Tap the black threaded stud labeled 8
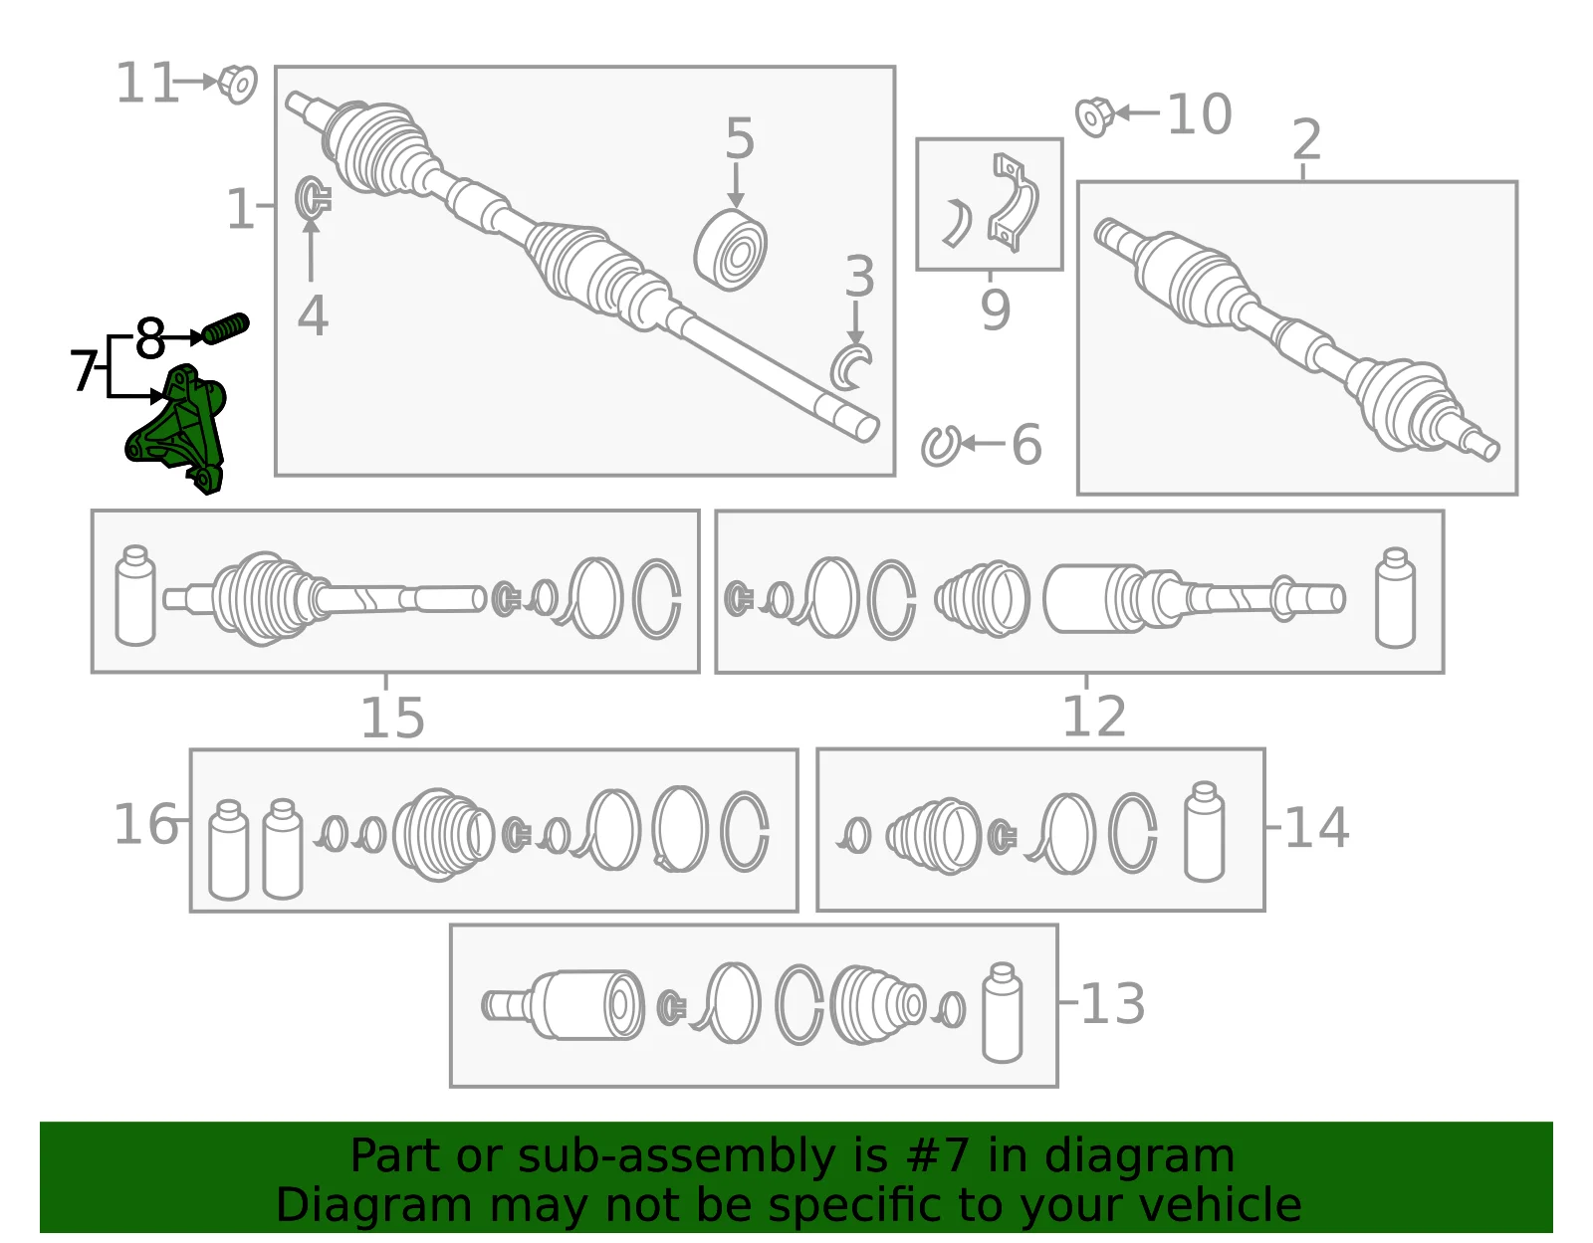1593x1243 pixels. (226, 328)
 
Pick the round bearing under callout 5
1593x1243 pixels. (730, 250)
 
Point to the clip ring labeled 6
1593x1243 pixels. (940, 446)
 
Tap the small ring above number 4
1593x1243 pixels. (313, 198)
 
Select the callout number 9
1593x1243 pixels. (996, 310)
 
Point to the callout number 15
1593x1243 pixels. (393, 718)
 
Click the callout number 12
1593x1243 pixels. (1094, 716)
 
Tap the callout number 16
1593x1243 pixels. (146, 824)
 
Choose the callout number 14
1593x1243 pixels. (1316, 828)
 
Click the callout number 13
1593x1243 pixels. (1112, 1003)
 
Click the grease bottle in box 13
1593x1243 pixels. (1003, 1012)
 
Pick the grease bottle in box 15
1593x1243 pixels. (135, 595)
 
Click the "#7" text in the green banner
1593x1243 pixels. (937, 1156)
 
